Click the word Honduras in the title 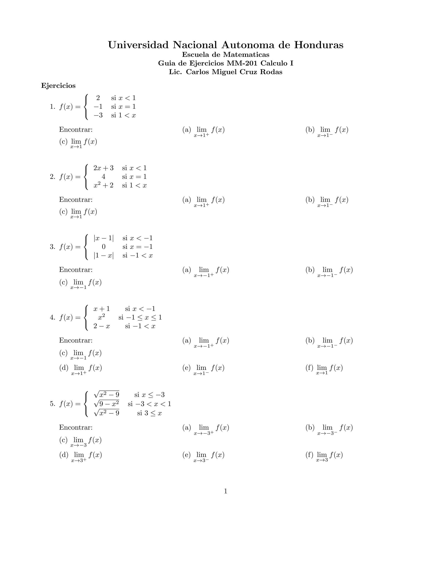pos(318,45)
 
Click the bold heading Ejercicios pos(58,86)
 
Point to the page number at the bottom pos(225,491)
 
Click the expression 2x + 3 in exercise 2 pos(103,168)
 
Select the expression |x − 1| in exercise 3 pos(104,238)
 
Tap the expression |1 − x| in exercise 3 pos(104,256)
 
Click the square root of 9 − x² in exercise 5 pos(106,403)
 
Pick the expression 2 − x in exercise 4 pos(102,326)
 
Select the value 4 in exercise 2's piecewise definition pos(103,177)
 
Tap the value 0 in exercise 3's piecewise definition pos(104,247)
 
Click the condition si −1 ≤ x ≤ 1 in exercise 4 pos(140,317)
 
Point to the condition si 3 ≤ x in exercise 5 pos(149,413)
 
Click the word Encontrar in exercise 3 pos(75,270)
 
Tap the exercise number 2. pos(52,177)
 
